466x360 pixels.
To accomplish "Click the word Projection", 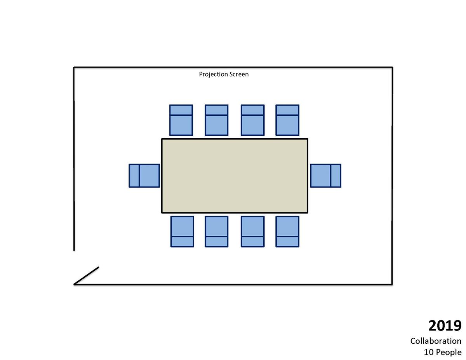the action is pos(213,75).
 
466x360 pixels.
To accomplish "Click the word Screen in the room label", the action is pos(239,74).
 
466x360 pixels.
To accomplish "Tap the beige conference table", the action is pos(235,176).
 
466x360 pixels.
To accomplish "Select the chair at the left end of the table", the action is pos(144,176).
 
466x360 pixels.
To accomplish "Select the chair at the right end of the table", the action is pos(325,176).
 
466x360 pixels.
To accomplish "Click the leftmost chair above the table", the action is pos(181,120).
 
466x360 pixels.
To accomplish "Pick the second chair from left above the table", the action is pos(217,120).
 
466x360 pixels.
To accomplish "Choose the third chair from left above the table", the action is pos(253,120).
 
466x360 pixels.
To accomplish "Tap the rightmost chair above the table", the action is pos(287,120).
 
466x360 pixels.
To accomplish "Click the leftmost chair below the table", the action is pos(182,231).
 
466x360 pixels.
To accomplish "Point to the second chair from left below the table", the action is pos(217,231).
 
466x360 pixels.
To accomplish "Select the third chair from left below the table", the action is pos(253,231).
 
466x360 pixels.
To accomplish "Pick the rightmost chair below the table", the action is pos(287,231).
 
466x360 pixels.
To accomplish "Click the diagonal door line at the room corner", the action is pos(86,276).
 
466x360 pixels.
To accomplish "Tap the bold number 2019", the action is pos(445,326).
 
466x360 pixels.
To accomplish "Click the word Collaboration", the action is pos(436,341).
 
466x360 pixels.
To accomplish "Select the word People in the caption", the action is pos(449,352).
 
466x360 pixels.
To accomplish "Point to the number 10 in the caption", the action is pos(429,352).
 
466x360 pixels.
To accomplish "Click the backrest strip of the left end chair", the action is pos(134,176).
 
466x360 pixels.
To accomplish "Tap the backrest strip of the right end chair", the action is pos(336,176).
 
